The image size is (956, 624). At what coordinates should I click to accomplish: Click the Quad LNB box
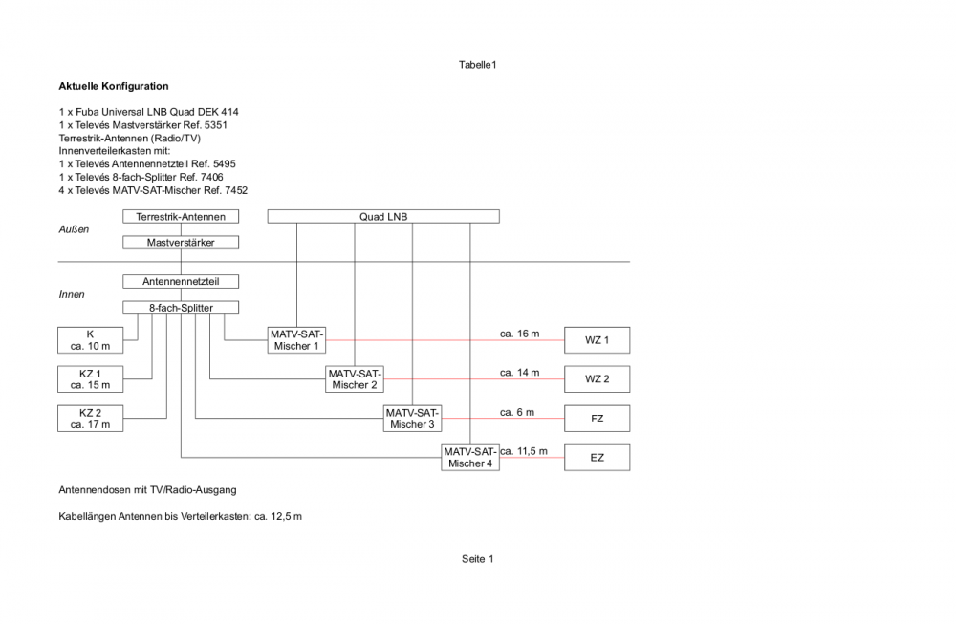(x=383, y=217)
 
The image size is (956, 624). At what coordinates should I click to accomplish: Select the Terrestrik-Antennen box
(x=181, y=217)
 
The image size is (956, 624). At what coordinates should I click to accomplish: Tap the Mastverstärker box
(x=181, y=243)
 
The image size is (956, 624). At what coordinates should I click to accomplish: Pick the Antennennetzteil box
(x=181, y=282)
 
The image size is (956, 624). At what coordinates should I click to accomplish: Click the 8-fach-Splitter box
(x=181, y=308)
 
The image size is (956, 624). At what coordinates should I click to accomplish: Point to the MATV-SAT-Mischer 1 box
(x=296, y=339)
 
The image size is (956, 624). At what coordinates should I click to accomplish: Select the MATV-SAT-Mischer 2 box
(x=355, y=378)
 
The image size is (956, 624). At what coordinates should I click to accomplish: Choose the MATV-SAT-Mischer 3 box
(x=412, y=418)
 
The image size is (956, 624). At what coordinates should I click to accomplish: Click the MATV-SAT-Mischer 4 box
(x=469, y=457)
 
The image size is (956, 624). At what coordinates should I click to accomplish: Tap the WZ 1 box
(x=597, y=340)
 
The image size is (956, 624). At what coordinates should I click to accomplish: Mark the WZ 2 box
(x=597, y=379)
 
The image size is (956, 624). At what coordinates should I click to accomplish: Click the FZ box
(x=597, y=419)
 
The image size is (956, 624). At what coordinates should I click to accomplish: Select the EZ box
(x=597, y=458)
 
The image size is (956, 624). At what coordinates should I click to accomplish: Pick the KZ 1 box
(x=91, y=378)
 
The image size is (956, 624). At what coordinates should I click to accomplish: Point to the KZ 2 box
(x=91, y=418)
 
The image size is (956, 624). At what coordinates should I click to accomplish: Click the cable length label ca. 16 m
(x=519, y=334)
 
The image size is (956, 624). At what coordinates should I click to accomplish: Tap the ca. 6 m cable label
(x=516, y=412)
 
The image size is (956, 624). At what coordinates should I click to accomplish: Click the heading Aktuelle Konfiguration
(x=114, y=86)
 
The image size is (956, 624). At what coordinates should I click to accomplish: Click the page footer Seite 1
(x=477, y=559)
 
